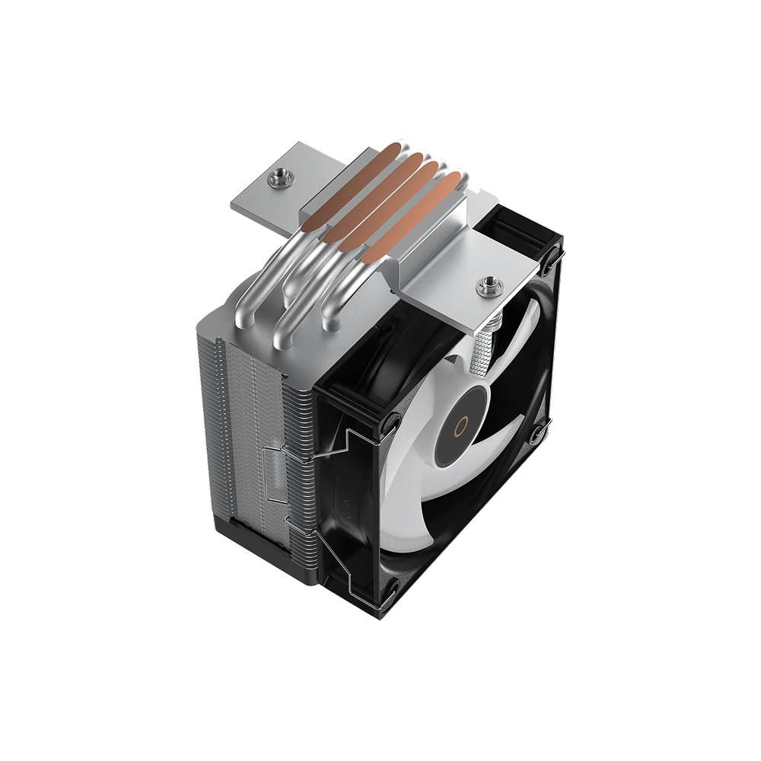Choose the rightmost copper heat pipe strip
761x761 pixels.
(415, 221)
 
